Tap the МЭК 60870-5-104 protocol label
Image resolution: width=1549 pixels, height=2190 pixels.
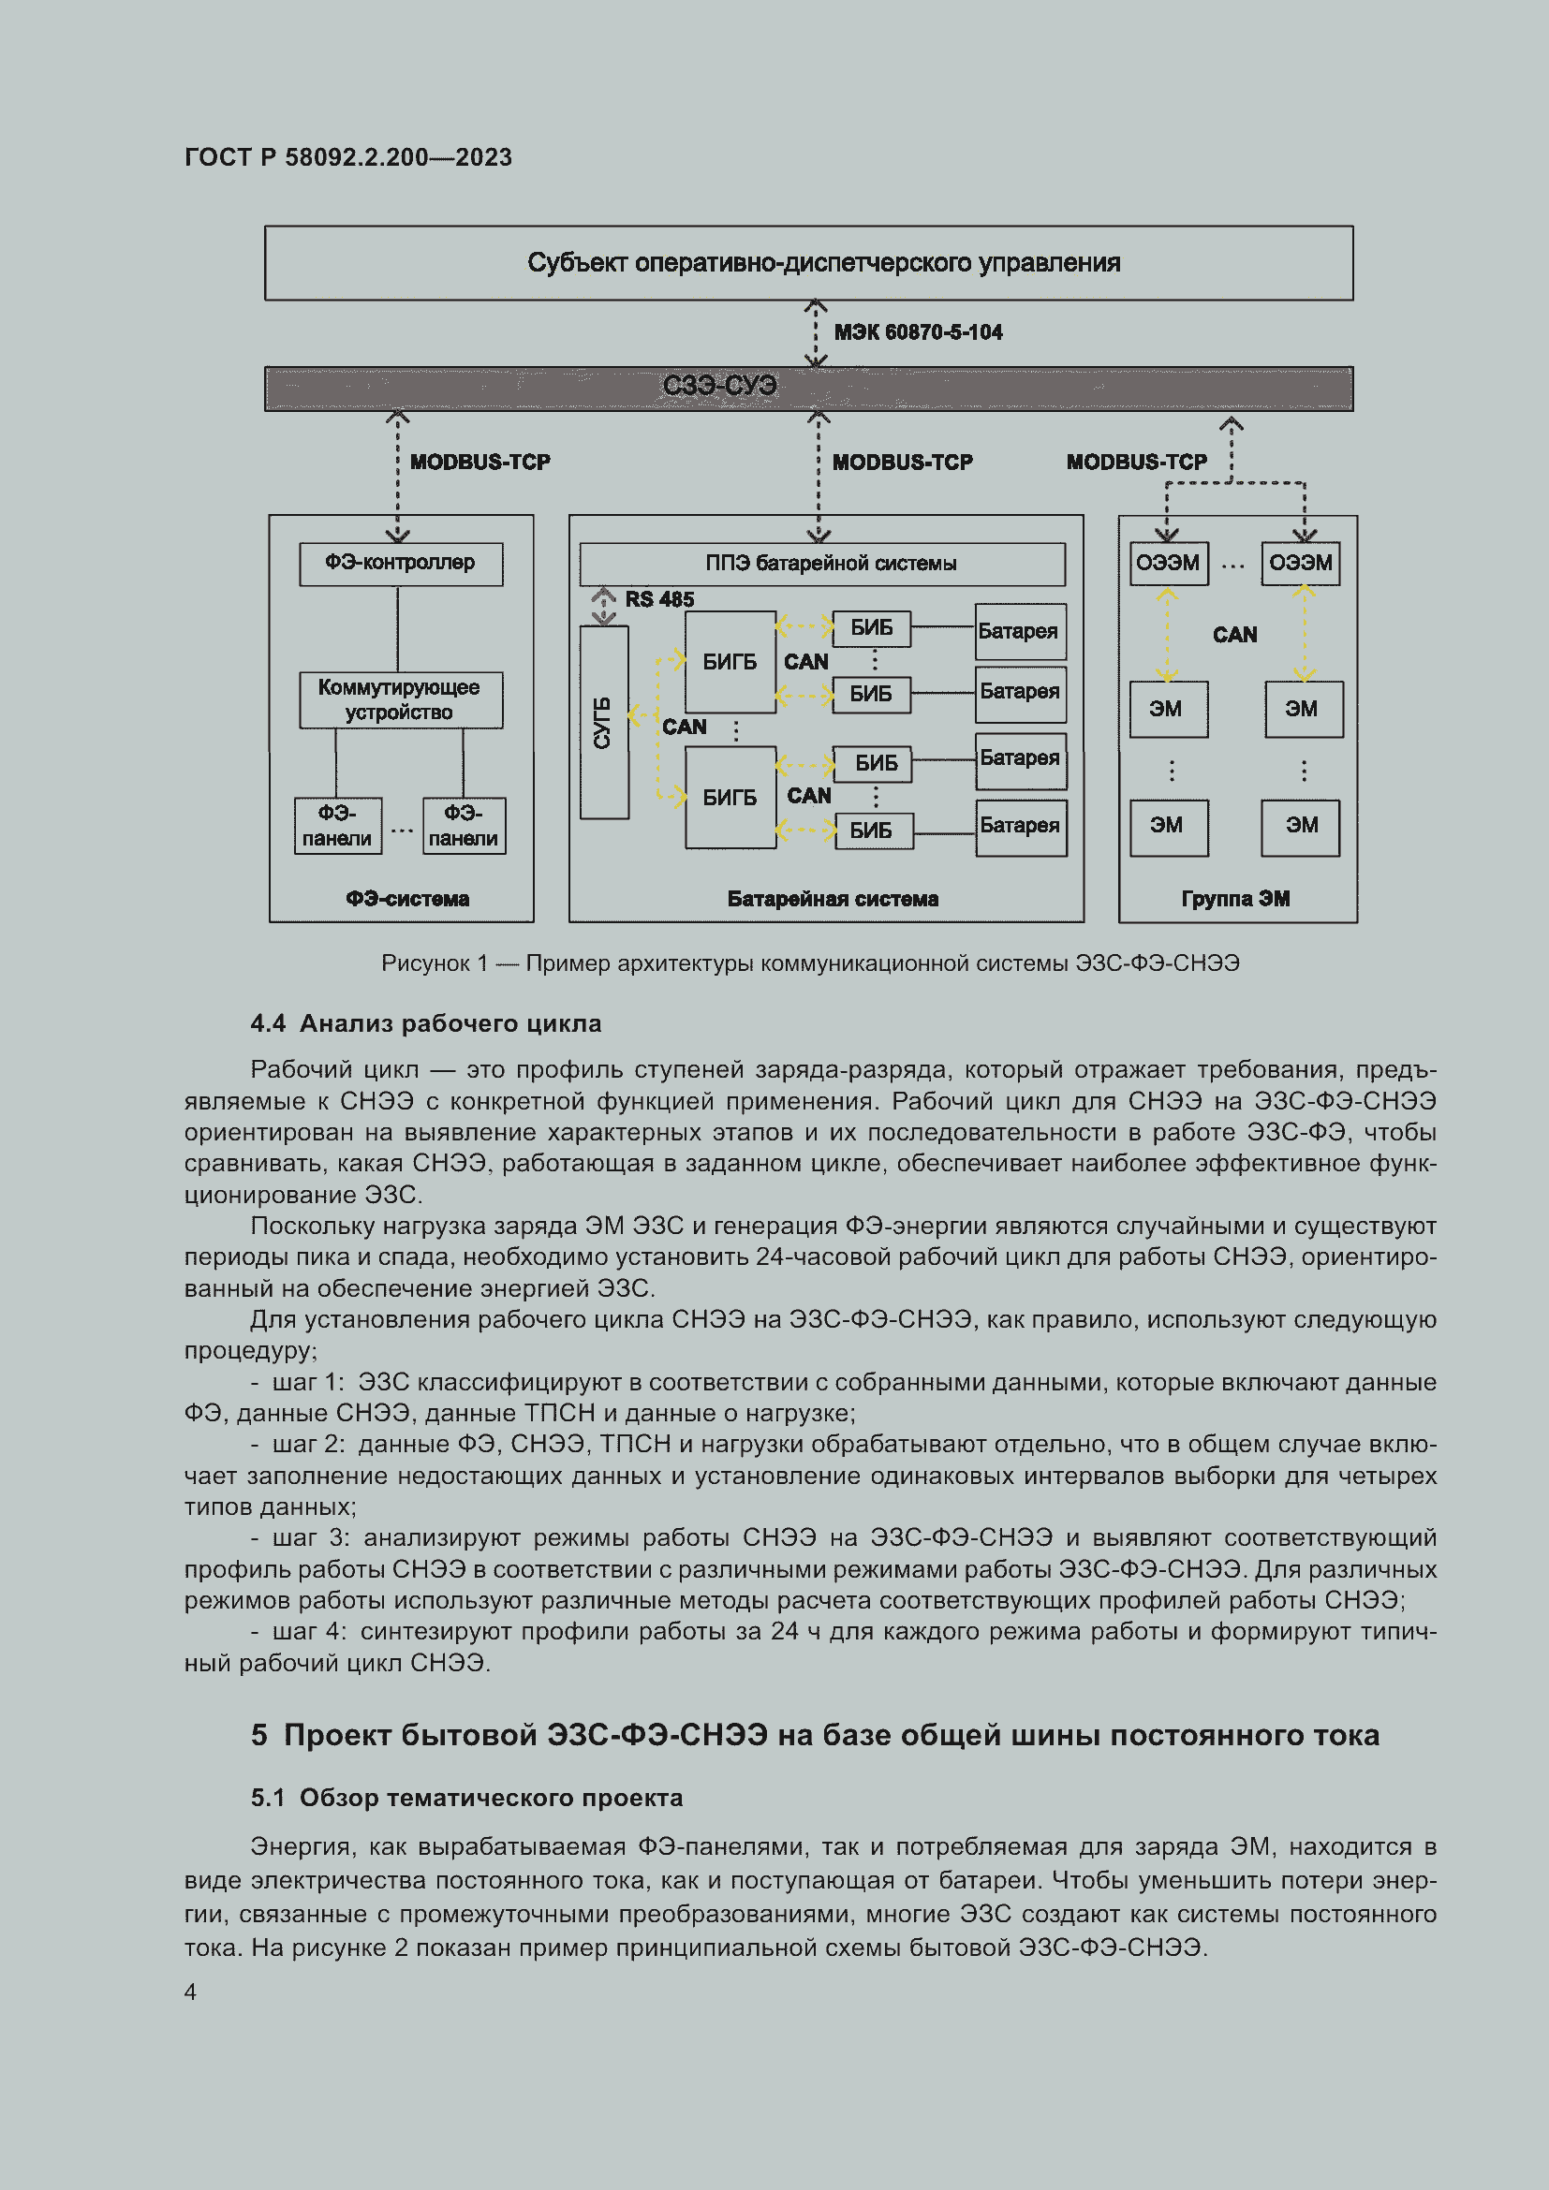click(918, 332)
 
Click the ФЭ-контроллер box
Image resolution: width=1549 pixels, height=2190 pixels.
click(401, 564)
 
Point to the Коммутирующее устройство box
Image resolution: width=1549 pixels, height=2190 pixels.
click(401, 700)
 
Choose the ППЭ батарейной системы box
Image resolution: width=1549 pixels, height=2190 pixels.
click(822, 564)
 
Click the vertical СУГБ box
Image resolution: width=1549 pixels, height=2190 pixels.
click(604, 722)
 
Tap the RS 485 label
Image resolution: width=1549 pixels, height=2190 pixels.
click(659, 599)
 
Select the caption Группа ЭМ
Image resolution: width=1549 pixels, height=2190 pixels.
click(1235, 899)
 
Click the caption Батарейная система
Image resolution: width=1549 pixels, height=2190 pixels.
click(832, 899)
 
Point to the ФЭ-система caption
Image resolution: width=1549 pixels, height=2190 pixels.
click(407, 899)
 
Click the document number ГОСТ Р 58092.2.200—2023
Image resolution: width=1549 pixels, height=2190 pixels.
click(348, 157)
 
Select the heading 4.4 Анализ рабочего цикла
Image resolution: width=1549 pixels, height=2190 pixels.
click(425, 1023)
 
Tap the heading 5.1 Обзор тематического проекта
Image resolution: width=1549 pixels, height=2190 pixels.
click(466, 1797)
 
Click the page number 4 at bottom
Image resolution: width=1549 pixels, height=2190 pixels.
click(191, 1992)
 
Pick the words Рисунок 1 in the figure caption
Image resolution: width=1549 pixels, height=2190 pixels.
click(434, 963)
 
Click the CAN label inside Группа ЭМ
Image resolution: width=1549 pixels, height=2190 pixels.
click(1234, 634)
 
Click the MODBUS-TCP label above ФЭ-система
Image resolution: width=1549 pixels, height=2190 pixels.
click(479, 462)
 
